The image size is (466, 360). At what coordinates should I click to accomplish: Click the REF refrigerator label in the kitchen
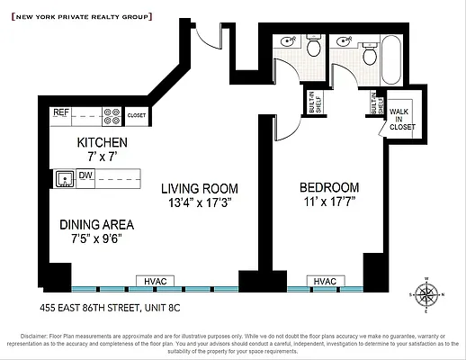click(x=61, y=113)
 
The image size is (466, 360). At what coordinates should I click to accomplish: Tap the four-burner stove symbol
click(x=113, y=115)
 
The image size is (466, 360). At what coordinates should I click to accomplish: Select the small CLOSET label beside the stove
click(x=137, y=116)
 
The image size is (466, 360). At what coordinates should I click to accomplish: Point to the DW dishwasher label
click(x=86, y=175)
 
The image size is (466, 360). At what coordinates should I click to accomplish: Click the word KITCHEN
click(x=102, y=143)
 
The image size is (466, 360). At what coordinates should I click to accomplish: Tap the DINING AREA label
click(x=97, y=224)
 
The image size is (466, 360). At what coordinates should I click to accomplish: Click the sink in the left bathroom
click(x=287, y=41)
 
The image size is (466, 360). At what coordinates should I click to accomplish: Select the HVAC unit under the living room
click(x=153, y=281)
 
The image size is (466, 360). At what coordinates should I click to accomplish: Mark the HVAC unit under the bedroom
click(x=324, y=281)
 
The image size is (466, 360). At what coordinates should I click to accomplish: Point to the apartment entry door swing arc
click(x=209, y=38)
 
